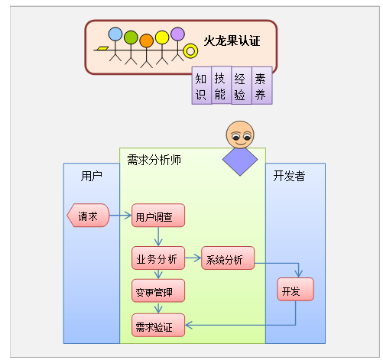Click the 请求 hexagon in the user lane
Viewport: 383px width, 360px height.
(x=88, y=216)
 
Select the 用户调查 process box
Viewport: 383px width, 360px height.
(x=158, y=216)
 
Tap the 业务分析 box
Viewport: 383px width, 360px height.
(x=158, y=258)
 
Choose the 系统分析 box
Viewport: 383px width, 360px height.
(x=228, y=258)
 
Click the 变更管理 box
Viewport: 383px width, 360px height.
(x=158, y=290)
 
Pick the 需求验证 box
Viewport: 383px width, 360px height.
(x=158, y=325)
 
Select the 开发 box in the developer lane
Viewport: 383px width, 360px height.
(x=296, y=289)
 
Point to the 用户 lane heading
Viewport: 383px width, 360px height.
(x=92, y=176)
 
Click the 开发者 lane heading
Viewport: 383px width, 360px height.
(x=289, y=176)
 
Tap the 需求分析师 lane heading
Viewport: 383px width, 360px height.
(x=154, y=160)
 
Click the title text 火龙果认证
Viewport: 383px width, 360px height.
(x=232, y=41)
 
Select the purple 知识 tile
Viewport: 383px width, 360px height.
(x=201, y=86)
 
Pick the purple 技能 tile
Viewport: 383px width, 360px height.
(x=221, y=85)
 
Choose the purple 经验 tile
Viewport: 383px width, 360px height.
(x=242, y=86)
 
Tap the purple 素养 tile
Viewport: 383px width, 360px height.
(x=262, y=86)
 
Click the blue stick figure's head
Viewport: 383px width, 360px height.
(x=115, y=34)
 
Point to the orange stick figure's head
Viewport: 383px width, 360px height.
(x=147, y=41)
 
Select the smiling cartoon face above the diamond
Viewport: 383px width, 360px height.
(x=240, y=135)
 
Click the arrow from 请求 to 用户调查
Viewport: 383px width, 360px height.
(x=120, y=216)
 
